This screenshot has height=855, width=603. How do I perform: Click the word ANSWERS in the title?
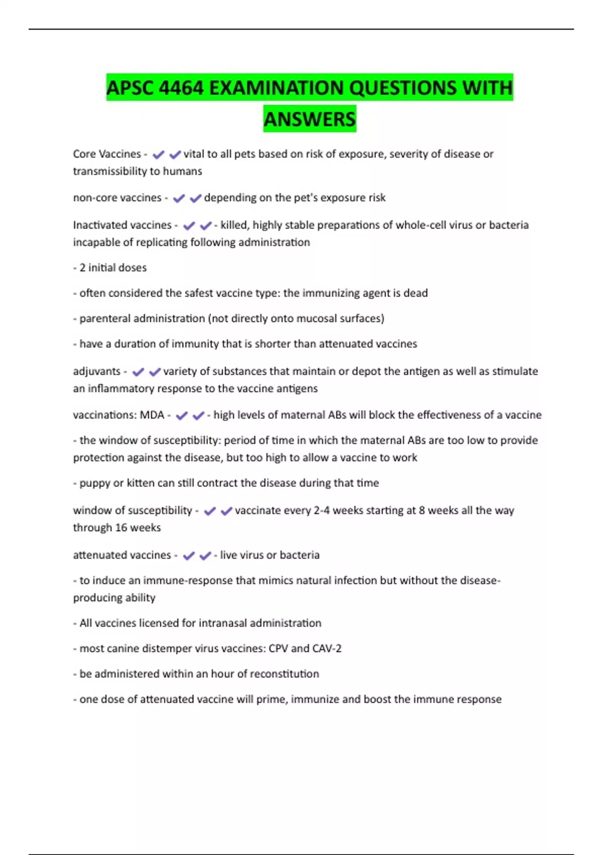click(x=310, y=119)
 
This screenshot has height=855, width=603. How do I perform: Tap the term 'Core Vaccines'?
click(x=107, y=154)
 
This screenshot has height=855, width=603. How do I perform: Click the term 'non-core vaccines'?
click(x=117, y=198)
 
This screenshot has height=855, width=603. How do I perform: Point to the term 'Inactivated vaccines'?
click(x=122, y=225)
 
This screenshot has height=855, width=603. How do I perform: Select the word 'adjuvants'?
click(x=96, y=371)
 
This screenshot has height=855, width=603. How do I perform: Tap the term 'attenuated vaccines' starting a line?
click(x=122, y=555)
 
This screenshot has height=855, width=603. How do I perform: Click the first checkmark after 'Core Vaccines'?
click(x=158, y=154)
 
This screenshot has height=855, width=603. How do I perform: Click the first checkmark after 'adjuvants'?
click(x=138, y=372)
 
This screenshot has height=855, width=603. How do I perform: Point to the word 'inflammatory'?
click(x=121, y=388)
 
